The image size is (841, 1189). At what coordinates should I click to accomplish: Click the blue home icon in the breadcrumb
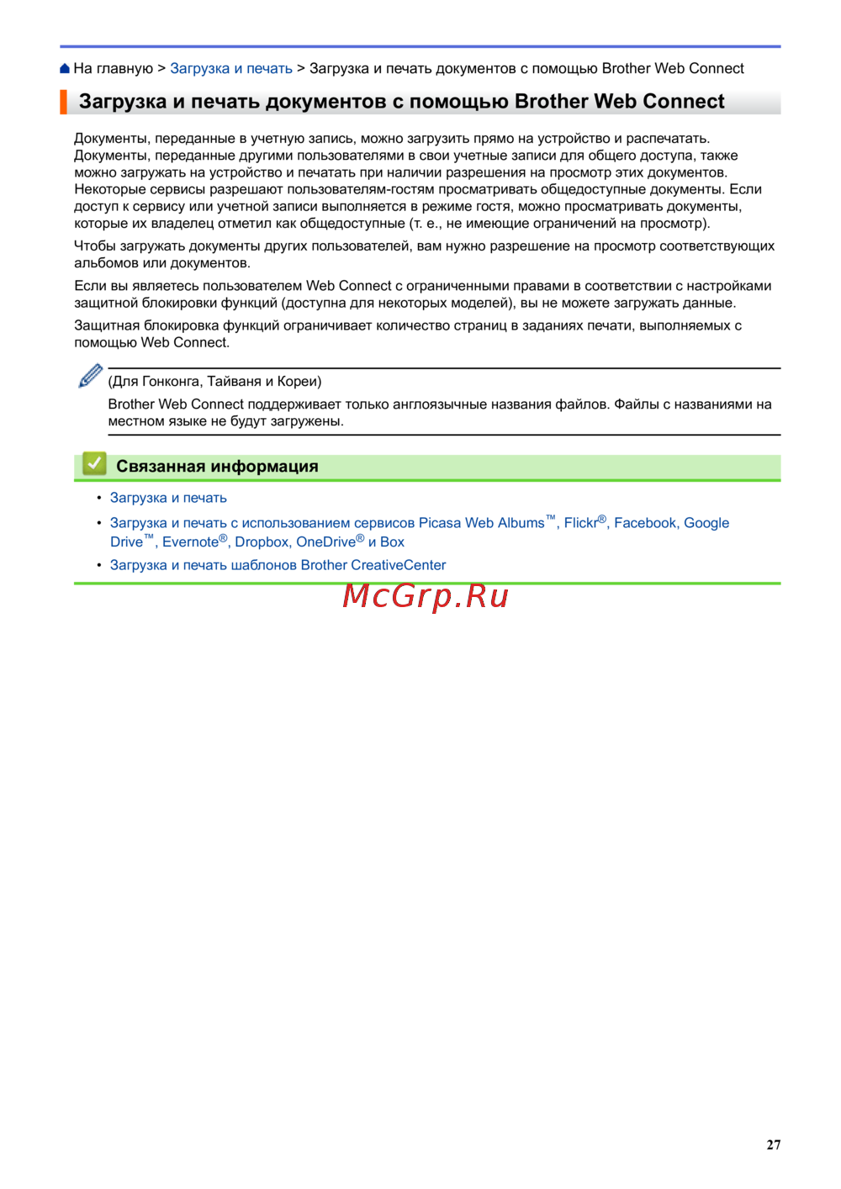[65, 69]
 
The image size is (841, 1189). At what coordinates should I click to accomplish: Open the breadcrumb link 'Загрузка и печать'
[231, 69]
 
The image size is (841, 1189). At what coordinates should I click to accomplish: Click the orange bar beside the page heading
[63, 102]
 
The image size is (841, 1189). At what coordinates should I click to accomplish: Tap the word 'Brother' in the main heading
[551, 102]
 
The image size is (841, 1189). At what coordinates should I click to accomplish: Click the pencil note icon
[90, 376]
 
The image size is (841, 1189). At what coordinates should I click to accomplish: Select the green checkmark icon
[94, 464]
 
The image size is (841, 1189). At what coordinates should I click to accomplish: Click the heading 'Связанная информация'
[217, 467]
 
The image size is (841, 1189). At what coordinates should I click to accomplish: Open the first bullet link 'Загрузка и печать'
[168, 498]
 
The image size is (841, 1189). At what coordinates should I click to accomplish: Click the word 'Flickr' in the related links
[580, 523]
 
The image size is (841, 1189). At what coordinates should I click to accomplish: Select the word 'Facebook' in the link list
[645, 523]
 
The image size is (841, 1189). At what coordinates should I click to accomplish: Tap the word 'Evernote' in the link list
[190, 542]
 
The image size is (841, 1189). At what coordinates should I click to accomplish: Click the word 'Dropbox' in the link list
[262, 542]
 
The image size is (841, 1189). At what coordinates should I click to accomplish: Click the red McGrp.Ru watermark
[426, 596]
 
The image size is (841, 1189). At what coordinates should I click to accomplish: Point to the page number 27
[774, 1144]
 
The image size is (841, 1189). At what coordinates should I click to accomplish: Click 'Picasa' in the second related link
[440, 523]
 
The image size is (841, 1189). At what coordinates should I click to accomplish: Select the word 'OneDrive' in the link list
[325, 542]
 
